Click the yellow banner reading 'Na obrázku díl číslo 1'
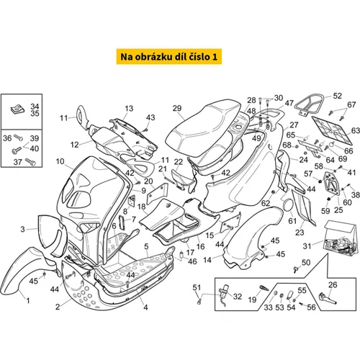click(x=169, y=57)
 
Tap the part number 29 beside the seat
click(x=177, y=108)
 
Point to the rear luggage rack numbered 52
click(x=310, y=104)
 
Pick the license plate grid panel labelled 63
click(x=332, y=130)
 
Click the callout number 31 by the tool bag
click(x=307, y=246)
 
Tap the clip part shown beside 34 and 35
click(x=18, y=109)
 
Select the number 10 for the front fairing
click(x=60, y=161)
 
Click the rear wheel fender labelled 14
click(x=250, y=238)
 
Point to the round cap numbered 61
click(x=287, y=205)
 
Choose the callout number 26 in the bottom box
click(x=333, y=285)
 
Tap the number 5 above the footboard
click(x=146, y=246)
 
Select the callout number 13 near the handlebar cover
click(x=129, y=109)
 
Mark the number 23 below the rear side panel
click(x=300, y=233)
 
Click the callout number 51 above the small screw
click(x=197, y=287)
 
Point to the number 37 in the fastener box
click(x=18, y=162)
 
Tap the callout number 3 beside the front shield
click(x=22, y=229)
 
